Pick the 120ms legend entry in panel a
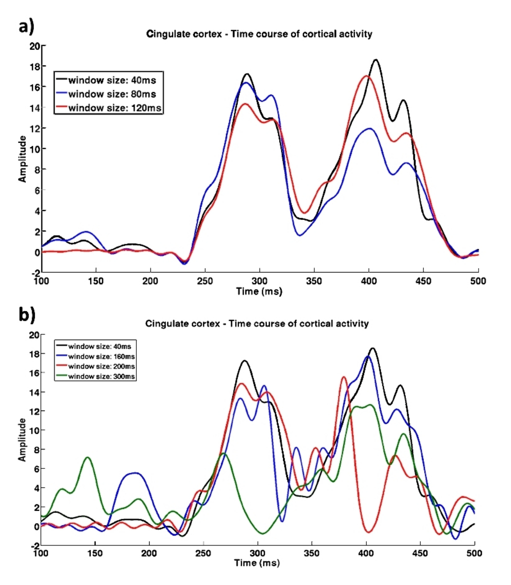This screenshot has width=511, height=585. click(x=110, y=108)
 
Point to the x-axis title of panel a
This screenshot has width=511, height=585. click(x=259, y=292)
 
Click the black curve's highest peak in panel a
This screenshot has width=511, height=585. click(x=376, y=60)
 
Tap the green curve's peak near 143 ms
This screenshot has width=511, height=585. click(x=88, y=457)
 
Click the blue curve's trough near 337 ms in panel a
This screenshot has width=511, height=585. click(x=300, y=235)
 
